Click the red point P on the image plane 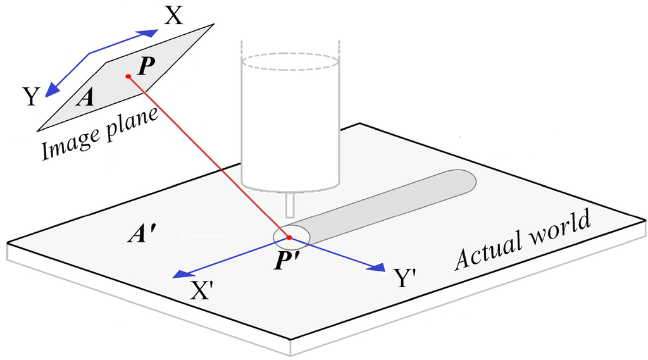[x=128, y=77]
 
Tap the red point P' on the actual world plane [x=289, y=238]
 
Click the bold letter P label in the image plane [x=144, y=66]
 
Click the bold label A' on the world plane [x=141, y=235]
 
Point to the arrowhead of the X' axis [x=181, y=274]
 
